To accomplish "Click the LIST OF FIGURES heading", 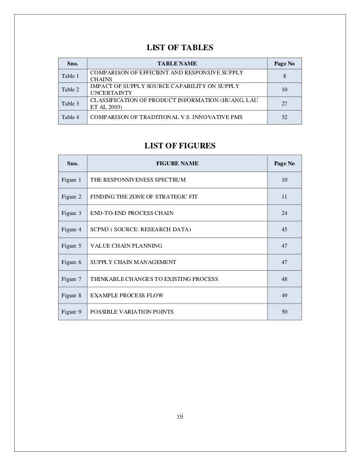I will [x=179, y=146].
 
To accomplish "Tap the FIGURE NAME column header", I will [x=177, y=164].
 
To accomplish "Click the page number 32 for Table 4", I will [x=284, y=117].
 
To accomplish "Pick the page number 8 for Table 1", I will [x=284, y=76].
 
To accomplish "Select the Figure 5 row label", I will [x=72, y=246].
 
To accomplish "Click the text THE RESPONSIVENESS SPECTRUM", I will [x=138, y=180].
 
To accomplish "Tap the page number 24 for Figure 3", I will [x=284, y=213].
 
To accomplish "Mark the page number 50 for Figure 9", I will [x=284, y=312].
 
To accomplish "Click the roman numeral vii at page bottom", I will [x=180, y=416].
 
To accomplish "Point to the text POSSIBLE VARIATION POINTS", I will [x=132, y=312].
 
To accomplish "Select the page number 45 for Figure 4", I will [x=284, y=230].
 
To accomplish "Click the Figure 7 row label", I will [x=72, y=279].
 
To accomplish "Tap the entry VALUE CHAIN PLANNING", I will [x=126, y=246].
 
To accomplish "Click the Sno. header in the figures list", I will [x=72, y=164].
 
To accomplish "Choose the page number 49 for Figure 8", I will [x=284, y=296].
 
